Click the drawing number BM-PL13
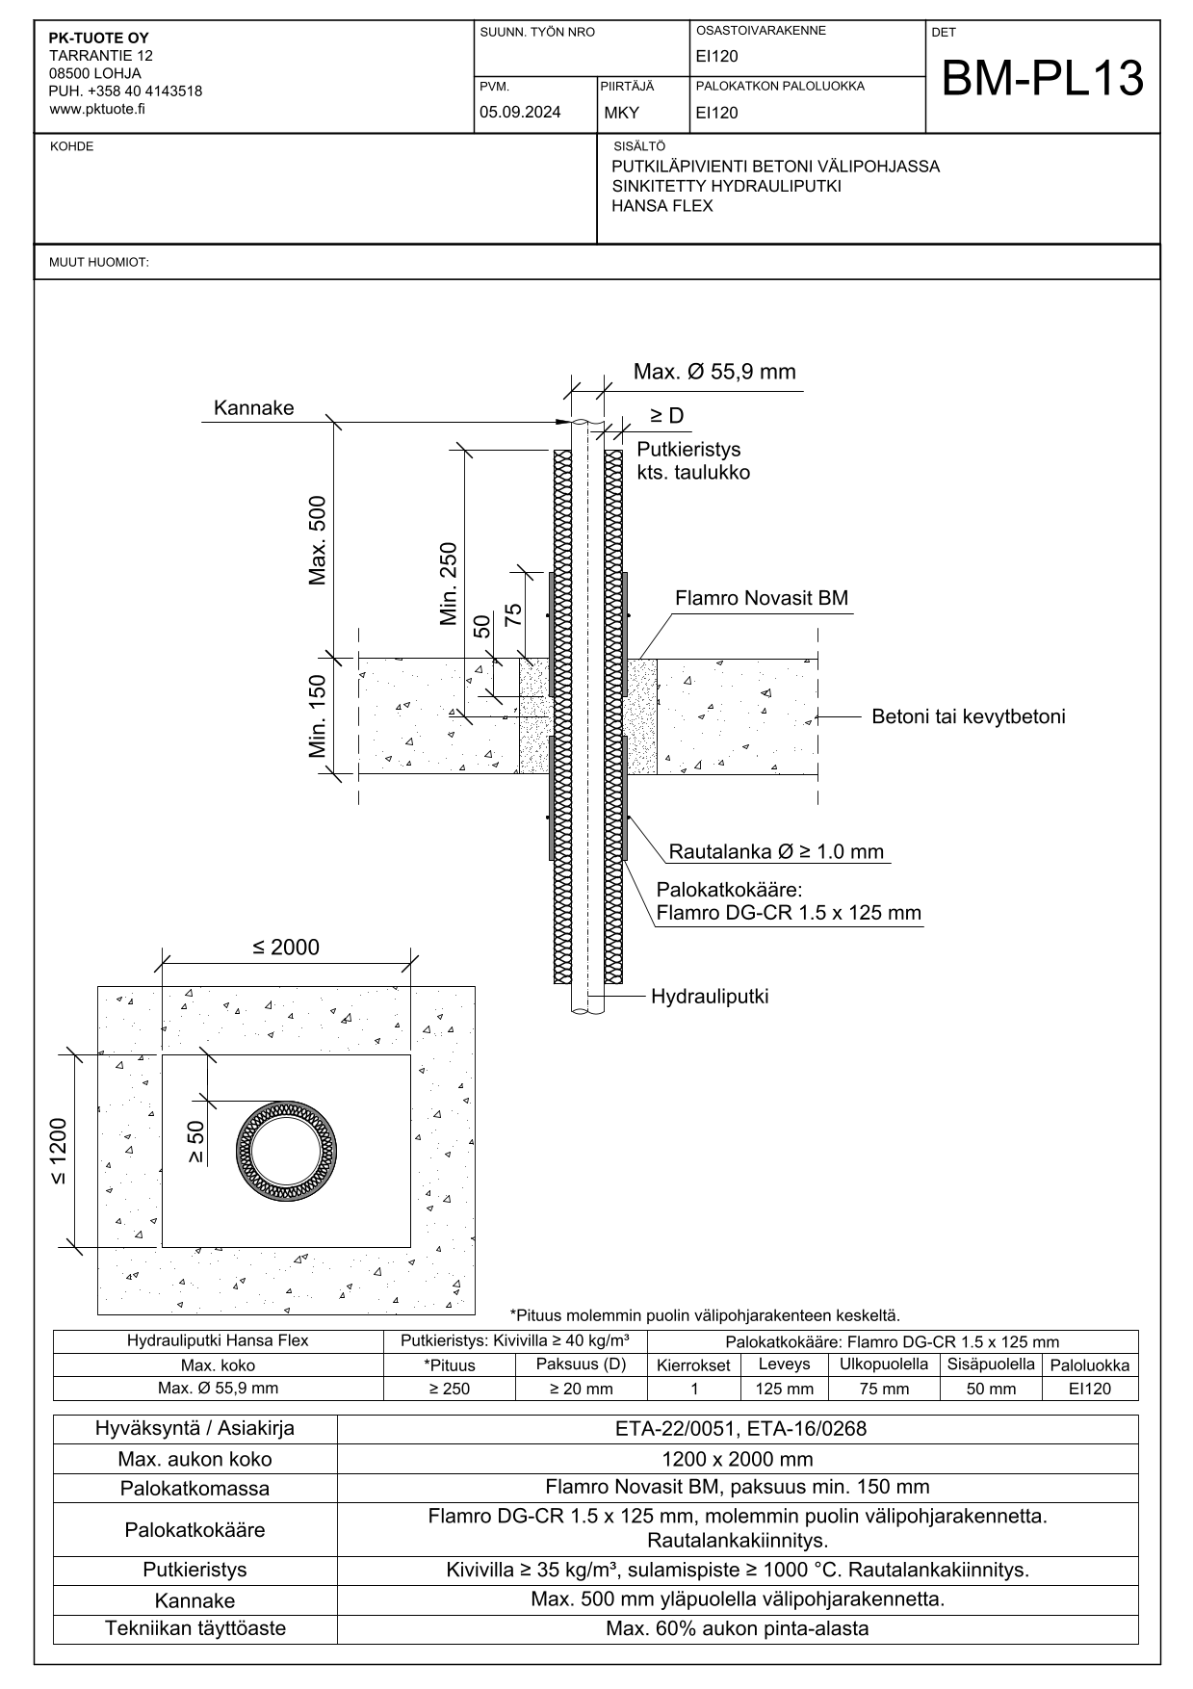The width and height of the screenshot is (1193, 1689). [x=1042, y=79]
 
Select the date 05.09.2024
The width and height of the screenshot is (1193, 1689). [x=520, y=113]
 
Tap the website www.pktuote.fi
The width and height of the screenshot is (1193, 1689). [x=97, y=109]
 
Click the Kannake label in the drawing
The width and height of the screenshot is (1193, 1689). [x=253, y=408]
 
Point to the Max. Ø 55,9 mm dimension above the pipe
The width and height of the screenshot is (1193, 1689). [x=714, y=373]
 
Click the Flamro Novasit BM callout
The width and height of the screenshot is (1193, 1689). [x=761, y=599]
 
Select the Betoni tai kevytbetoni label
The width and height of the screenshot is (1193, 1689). [x=968, y=717]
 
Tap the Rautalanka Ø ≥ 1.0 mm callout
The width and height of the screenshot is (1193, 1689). [x=776, y=852]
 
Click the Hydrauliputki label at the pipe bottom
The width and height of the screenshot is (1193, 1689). [x=710, y=997]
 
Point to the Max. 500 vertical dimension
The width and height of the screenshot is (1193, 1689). [x=318, y=540]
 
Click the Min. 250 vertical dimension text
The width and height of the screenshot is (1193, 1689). [x=449, y=585]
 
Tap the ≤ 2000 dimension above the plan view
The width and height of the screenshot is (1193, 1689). [x=286, y=948]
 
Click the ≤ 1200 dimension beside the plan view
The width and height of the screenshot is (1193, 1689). [x=60, y=1152]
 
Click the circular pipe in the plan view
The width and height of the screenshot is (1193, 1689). [x=286, y=1152]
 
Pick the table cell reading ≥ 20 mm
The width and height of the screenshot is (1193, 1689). [x=581, y=1389]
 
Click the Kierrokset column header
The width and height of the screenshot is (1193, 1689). [x=693, y=1365]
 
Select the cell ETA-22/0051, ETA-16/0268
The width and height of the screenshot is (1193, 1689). [x=739, y=1429]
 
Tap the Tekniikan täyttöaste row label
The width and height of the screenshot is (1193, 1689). [x=195, y=1628]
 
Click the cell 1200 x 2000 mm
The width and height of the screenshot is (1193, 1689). [x=739, y=1459]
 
